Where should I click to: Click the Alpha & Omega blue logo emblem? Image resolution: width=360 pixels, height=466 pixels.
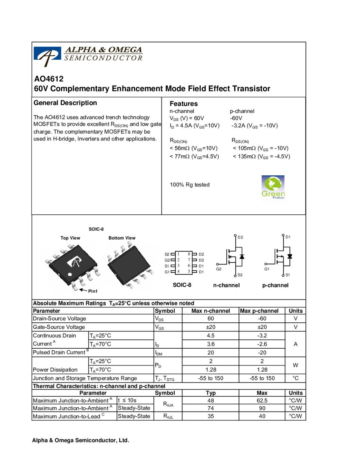[47, 56]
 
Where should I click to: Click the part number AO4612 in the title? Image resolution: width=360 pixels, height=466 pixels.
[49, 79]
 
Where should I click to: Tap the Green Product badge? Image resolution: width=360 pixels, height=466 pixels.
[273, 187]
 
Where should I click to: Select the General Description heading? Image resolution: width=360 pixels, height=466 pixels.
[65, 103]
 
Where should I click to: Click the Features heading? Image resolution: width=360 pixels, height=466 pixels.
[184, 104]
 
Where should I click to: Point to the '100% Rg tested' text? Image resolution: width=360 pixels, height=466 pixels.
[189, 185]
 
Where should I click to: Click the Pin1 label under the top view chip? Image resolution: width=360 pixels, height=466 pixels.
[93, 291]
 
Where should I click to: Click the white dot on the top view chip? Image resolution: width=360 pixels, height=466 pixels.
[70, 275]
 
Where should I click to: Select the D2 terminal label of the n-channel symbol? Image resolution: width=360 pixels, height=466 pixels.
[240, 237]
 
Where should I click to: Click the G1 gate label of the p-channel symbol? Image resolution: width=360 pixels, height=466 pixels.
[266, 269]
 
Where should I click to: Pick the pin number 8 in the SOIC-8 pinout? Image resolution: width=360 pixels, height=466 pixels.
[189, 254]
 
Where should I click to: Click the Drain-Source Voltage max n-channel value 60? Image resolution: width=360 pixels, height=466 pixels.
[211, 319]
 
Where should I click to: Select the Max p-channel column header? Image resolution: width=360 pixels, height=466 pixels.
[259, 311]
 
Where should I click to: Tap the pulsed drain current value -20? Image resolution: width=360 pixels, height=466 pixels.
[262, 352]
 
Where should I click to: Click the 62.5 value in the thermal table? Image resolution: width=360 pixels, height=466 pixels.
[262, 400]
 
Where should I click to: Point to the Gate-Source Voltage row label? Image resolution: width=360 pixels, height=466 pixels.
[59, 327]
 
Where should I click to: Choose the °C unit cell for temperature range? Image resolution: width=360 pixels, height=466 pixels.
[295, 378]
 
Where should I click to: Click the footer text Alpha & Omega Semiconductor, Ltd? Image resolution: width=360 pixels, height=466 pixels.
[80, 440]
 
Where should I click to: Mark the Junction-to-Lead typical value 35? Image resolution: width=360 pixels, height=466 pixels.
[211, 416]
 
